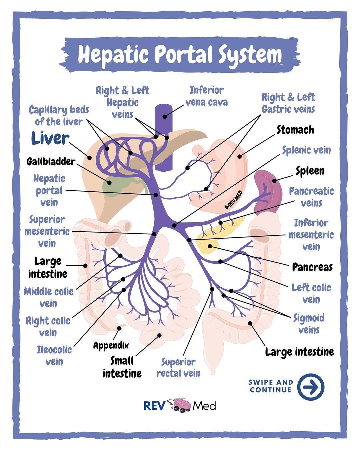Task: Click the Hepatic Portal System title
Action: (180, 54)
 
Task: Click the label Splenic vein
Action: (306, 150)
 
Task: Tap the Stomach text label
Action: (295, 130)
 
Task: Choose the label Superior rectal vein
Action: (178, 367)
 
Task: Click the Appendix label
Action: (111, 345)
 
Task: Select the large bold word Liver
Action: (50, 138)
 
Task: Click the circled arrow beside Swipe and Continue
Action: (310, 387)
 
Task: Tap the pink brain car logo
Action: (181, 405)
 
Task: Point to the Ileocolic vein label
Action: (54, 355)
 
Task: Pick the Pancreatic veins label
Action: (311, 197)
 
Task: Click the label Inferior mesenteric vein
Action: (311, 235)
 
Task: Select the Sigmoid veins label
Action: (309, 324)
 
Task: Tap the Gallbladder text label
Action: (51, 162)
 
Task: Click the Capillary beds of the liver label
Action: (59, 115)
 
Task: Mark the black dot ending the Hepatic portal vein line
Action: (156, 194)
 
